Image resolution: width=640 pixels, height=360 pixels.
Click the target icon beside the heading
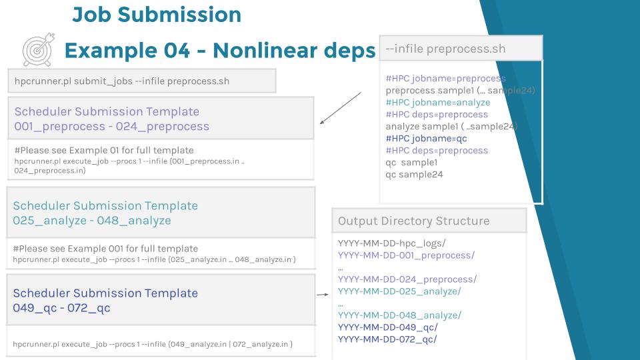coord(39,50)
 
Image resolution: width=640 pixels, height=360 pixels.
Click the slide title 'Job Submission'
coord(157,15)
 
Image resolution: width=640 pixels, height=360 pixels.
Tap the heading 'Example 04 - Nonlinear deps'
coord(220,51)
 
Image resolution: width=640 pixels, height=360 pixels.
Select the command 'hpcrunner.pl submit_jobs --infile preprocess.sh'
coord(121,81)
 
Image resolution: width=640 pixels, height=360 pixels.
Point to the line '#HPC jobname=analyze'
coord(438,103)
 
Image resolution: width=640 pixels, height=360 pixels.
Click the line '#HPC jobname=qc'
coord(426,139)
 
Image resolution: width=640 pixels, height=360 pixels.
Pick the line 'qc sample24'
coord(414,174)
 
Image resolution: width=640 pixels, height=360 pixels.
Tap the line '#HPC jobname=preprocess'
coord(446,79)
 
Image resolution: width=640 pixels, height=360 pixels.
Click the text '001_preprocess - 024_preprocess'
coord(112,127)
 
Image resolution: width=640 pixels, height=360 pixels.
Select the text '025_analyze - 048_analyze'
coord(92,221)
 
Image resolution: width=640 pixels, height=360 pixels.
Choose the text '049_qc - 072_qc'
coord(61,308)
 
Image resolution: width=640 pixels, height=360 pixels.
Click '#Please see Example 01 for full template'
coord(104,150)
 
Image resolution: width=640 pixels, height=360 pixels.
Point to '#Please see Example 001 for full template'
coord(105,249)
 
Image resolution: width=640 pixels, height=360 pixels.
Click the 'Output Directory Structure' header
coord(413,221)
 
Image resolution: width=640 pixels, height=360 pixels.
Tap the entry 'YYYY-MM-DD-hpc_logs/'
coord(391,243)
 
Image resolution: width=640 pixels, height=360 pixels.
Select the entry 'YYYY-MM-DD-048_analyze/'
coord(399,315)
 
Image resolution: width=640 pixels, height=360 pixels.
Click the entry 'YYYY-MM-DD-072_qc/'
coord(387,339)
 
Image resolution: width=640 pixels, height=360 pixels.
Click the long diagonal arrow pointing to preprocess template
coord(341,108)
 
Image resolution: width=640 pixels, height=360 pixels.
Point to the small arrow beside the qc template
coord(323,294)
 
